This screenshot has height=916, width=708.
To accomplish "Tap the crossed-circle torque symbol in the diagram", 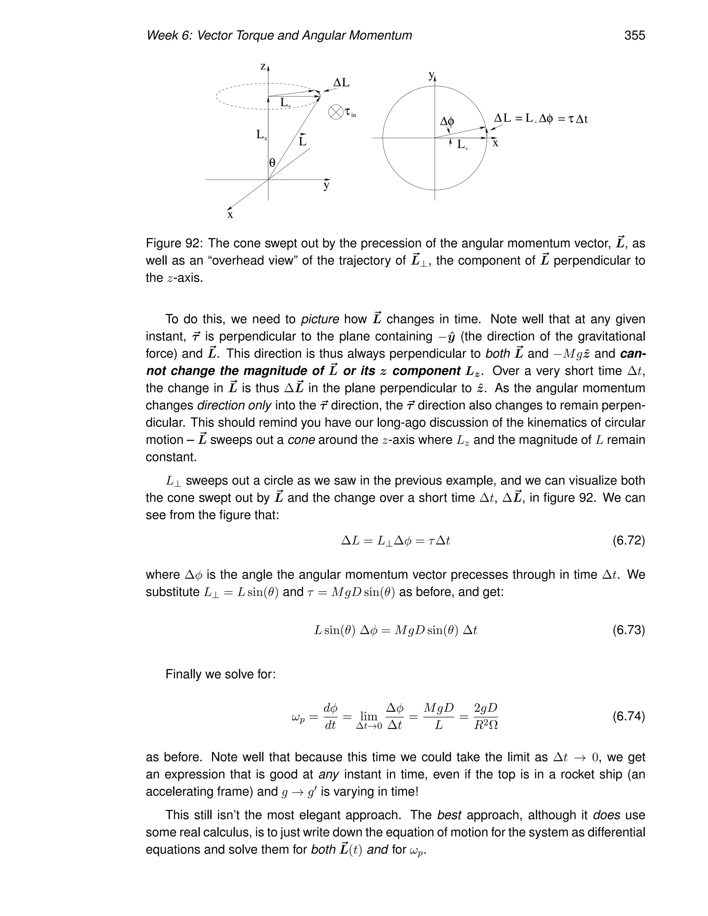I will [x=336, y=112].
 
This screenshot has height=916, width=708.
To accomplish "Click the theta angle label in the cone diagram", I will [x=272, y=163].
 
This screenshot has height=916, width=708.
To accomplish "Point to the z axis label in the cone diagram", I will [x=263, y=67].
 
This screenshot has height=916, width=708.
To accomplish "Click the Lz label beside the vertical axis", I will [x=261, y=135].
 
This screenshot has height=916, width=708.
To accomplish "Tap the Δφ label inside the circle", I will [x=447, y=122].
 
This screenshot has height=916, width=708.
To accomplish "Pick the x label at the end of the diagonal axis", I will [x=230, y=215].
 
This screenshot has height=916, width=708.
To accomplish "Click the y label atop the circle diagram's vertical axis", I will [x=431, y=75].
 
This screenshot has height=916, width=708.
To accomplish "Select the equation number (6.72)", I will [x=628, y=541].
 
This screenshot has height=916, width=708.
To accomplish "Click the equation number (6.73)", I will [x=628, y=630].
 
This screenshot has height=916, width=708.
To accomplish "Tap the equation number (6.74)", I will [x=628, y=716].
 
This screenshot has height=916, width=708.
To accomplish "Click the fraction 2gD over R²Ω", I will [x=485, y=716].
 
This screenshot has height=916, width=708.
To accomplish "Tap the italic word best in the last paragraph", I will [x=449, y=815].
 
